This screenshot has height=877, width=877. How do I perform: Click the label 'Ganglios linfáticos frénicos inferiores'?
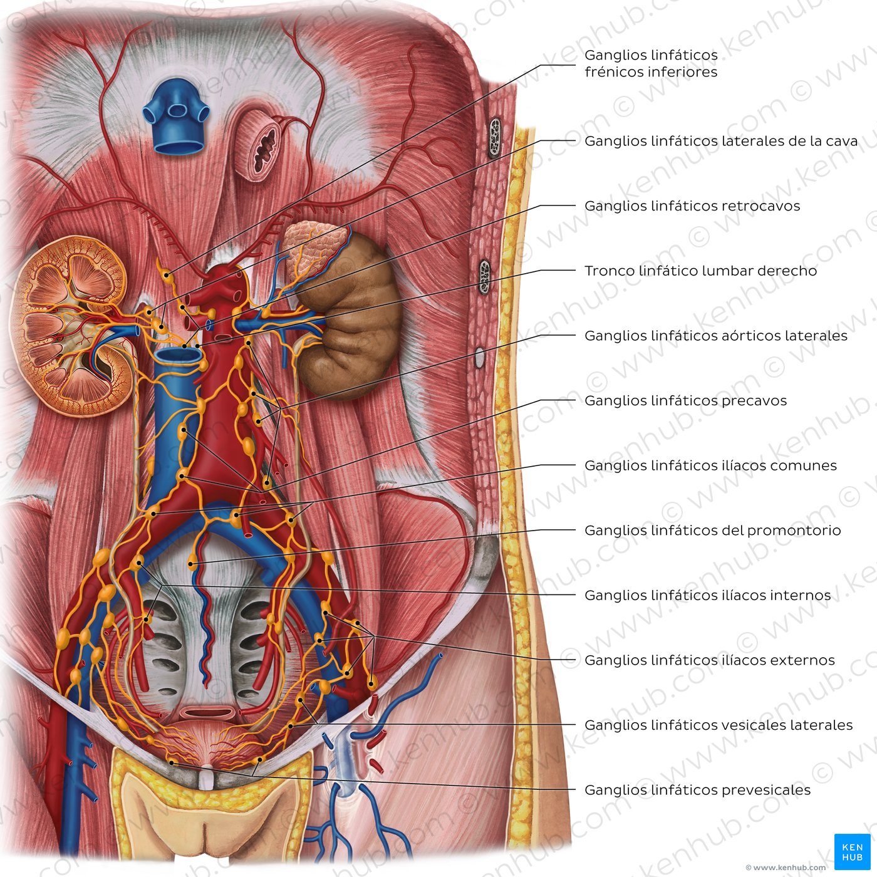coord(651,63)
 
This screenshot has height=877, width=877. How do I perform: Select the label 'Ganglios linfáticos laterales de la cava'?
coord(721,141)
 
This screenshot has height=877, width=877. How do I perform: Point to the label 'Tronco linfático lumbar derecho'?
coord(700,271)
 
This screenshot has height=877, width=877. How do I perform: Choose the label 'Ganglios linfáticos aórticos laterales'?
coord(716,335)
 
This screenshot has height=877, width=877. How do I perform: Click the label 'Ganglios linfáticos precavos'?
coord(686,400)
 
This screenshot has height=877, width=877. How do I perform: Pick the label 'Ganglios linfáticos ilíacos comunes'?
coord(710,465)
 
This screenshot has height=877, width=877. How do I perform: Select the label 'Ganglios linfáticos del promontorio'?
coord(713,530)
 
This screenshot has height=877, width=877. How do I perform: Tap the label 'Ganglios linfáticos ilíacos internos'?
coord(708,595)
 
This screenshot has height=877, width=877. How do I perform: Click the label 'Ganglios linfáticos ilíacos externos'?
coord(710,660)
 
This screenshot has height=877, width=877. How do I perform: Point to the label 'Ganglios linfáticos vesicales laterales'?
coord(719,725)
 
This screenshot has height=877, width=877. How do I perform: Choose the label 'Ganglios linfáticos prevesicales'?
coord(698,790)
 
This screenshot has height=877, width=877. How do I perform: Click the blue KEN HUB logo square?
coord(852,851)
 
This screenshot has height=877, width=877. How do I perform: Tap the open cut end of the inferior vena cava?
coord(179,356)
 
